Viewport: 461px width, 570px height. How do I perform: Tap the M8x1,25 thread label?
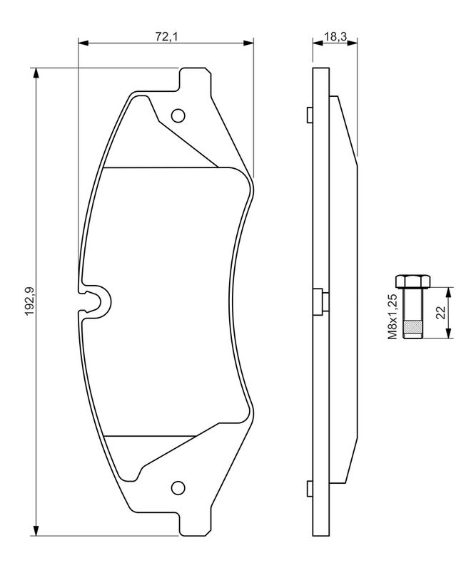coord(392,314)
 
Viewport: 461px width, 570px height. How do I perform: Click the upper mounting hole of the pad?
coord(178,115)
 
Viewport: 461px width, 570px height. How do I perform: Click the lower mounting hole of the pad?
coord(178,488)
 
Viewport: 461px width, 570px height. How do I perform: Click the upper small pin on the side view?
coord(308,113)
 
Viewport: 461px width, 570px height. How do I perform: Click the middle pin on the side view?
coord(319,299)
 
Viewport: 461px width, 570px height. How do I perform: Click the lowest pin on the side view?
coord(308,488)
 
